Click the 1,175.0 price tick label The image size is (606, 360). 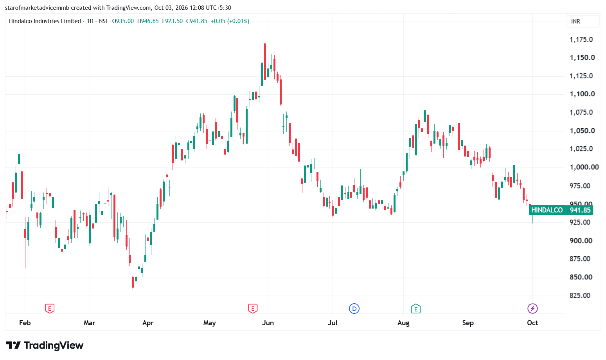(581, 40)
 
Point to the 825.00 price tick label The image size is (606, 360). (580, 295)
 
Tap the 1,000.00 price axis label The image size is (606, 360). (584, 167)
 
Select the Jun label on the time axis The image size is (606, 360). (268, 323)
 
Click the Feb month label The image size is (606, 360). (25, 323)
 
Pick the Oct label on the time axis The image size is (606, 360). (532, 323)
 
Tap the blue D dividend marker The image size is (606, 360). (354, 309)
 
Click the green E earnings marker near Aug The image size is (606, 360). (416, 309)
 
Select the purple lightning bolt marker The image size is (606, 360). (532, 309)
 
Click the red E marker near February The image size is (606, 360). (50, 309)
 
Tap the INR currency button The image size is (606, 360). (583, 22)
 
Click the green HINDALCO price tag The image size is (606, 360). (547, 210)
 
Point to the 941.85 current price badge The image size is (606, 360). (579, 210)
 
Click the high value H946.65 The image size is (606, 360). (148, 21)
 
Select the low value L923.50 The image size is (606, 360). (172, 21)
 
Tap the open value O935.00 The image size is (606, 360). (123, 21)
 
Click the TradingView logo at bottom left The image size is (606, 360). (45, 346)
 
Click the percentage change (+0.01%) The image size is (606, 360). (238, 21)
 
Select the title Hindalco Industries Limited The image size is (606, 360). (45, 21)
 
